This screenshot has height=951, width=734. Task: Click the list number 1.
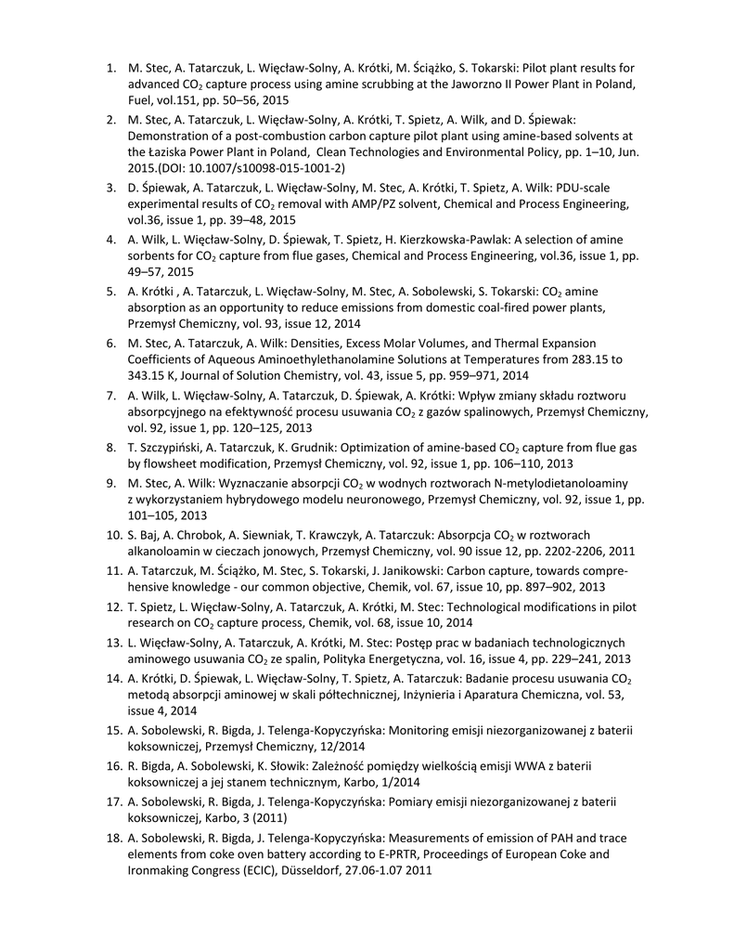click(109, 69)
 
